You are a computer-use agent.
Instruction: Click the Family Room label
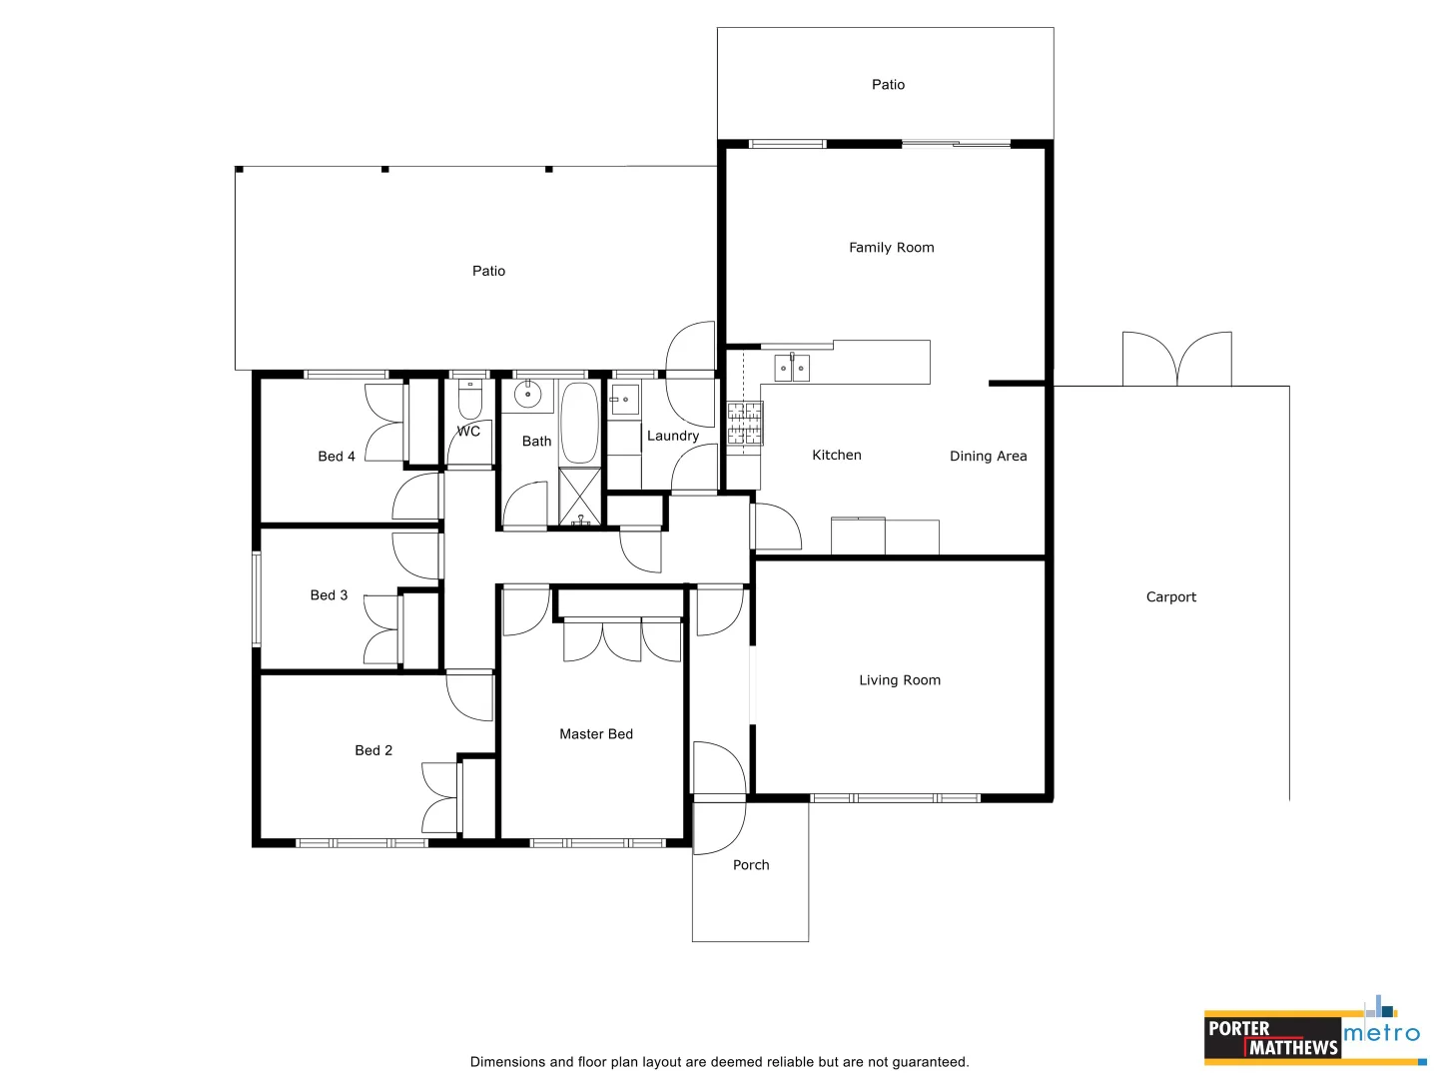891,248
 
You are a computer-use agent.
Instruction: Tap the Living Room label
899,680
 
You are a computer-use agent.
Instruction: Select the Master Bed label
595,734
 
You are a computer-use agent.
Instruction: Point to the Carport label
1170,597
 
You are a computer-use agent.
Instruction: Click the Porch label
751,865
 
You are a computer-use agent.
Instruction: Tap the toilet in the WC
469,402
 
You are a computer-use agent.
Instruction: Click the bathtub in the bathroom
579,423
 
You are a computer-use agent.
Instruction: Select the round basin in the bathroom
527,395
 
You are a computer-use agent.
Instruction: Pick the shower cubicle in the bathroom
580,497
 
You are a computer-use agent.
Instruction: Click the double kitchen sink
792,369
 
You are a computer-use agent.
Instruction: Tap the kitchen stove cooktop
744,423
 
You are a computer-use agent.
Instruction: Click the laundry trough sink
624,400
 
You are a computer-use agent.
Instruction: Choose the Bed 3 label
329,595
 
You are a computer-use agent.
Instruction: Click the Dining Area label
988,457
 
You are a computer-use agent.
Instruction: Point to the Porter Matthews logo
1271,1038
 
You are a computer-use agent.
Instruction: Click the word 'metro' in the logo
1381,1033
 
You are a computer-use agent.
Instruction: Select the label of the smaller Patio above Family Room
888,85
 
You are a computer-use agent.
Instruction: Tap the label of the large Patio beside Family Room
488,271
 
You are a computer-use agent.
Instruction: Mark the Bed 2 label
373,750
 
